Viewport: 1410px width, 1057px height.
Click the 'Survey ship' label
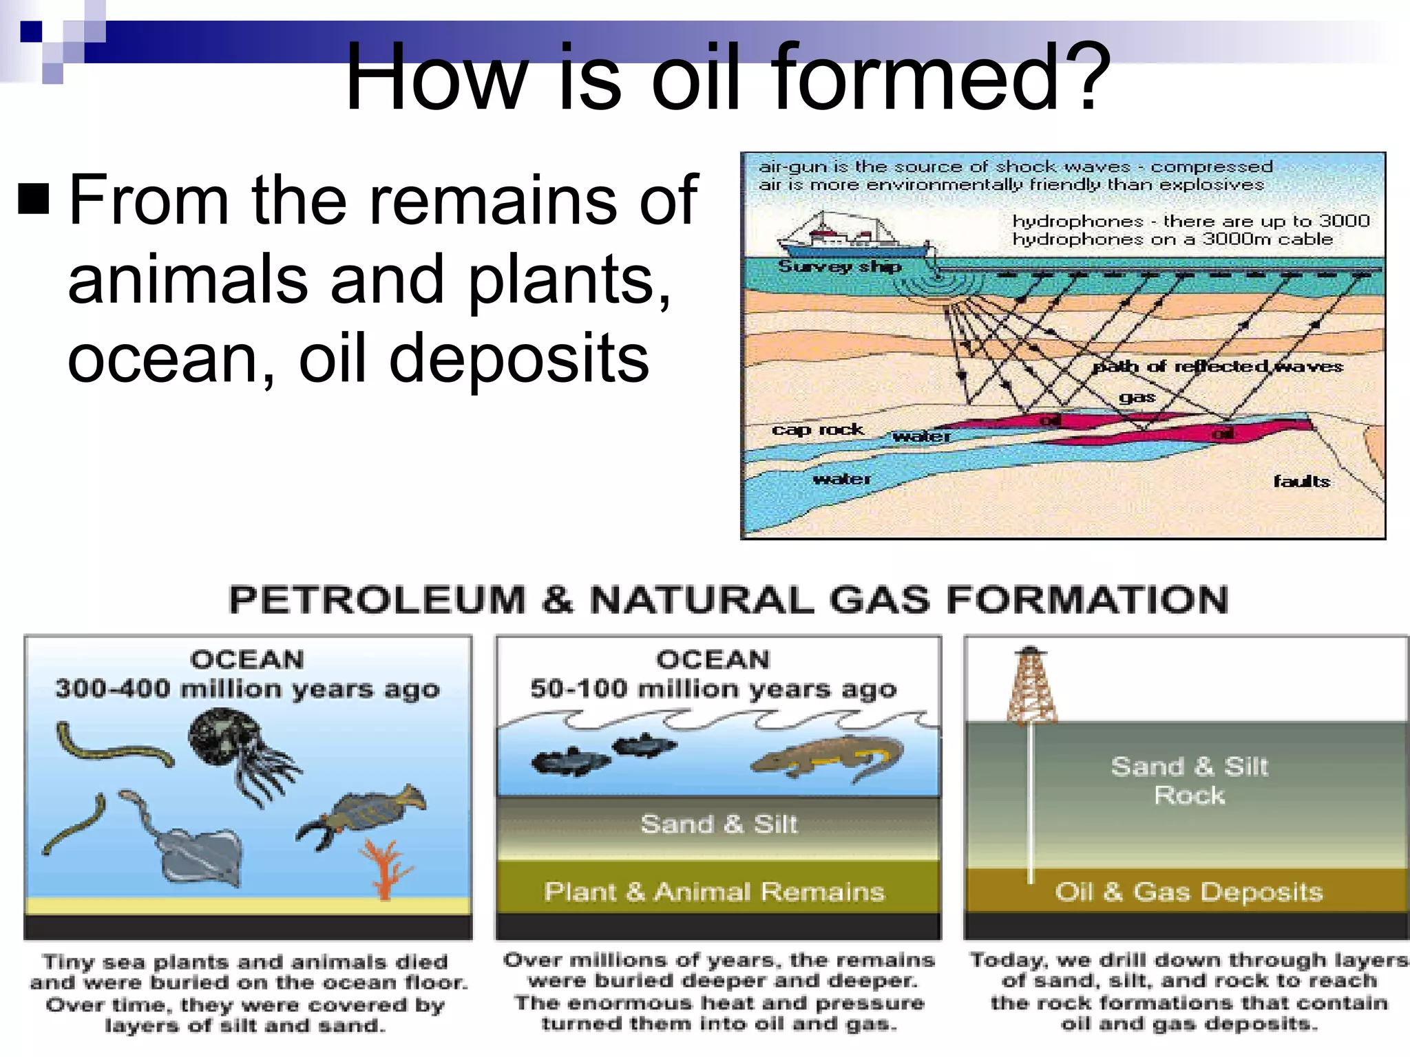coord(839,267)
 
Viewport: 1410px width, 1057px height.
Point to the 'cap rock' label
coord(817,429)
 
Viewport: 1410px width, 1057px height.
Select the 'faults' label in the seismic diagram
coord(1301,481)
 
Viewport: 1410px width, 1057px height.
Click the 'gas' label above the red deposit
coord(1137,397)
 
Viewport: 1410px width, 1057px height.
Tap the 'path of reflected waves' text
coord(1217,366)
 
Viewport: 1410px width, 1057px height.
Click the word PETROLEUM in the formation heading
coord(377,599)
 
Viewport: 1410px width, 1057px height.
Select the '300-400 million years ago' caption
coord(247,689)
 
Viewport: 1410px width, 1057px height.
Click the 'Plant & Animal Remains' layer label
coord(714,892)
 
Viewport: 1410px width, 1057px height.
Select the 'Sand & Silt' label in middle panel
coord(719,824)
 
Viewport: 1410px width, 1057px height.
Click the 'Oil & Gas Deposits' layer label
coord(1189,892)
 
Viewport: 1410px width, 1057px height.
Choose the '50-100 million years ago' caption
coord(713,689)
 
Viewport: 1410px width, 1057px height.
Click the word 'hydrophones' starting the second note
coord(1077,222)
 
